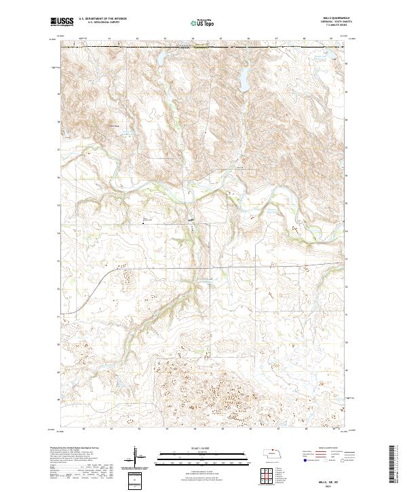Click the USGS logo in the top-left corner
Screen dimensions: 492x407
[62, 22]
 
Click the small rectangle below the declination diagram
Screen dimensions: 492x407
[136, 480]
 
